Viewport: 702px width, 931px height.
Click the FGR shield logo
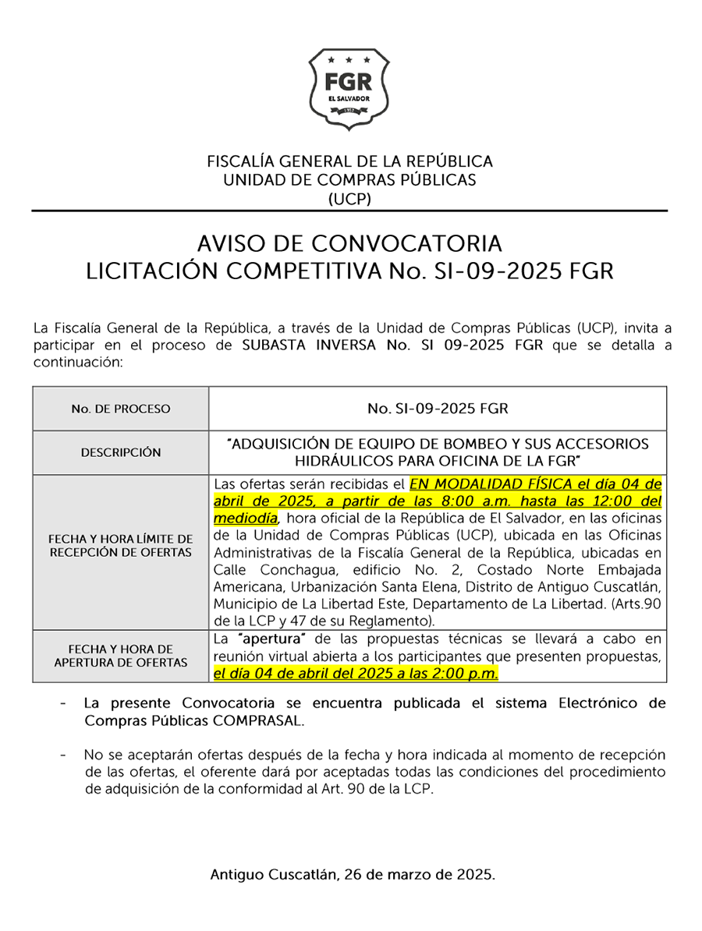click(x=349, y=87)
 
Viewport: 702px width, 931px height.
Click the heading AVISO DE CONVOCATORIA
click(x=349, y=243)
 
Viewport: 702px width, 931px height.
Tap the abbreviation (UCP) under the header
click(x=349, y=199)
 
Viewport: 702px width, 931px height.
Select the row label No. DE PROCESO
click(x=120, y=409)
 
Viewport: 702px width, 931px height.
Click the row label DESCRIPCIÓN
click(x=120, y=452)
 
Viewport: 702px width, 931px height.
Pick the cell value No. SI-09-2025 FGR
click(x=437, y=409)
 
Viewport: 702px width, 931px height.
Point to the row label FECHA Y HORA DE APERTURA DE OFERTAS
click(x=120, y=656)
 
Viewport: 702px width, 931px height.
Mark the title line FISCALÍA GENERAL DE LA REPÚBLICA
click(x=349, y=161)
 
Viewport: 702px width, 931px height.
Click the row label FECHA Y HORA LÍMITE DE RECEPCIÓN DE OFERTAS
click(x=120, y=546)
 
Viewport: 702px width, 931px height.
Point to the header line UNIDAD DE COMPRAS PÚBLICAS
click(x=349, y=180)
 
